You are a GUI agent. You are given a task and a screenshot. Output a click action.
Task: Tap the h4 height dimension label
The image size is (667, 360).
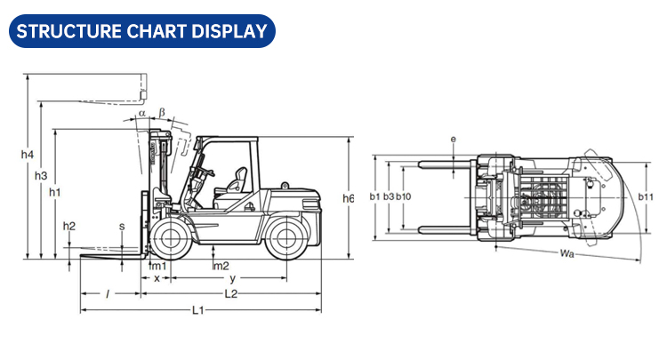[x=27, y=156]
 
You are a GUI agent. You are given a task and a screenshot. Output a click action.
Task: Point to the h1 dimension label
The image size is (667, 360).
[x=55, y=192]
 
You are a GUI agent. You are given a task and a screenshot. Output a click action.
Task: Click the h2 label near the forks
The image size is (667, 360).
[x=69, y=225]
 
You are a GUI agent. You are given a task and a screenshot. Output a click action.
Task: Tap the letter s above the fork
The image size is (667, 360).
[x=122, y=227]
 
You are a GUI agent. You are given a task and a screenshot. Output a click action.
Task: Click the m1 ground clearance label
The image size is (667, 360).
[x=157, y=266]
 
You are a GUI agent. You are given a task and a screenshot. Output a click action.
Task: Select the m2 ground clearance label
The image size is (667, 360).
[x=221, y=266]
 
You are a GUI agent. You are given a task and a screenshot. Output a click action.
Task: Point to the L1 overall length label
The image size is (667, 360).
[x=198, y=310]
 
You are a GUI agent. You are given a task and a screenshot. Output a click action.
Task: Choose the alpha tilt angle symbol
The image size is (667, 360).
[x=141, y=113]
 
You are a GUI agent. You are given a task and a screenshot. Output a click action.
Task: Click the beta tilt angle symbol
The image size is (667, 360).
[x=161, y=111]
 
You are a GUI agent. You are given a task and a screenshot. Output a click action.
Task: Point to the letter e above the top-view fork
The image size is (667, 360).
[x=453, y=140]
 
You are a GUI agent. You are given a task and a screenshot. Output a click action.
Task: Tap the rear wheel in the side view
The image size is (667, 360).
[x=283, y=238]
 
